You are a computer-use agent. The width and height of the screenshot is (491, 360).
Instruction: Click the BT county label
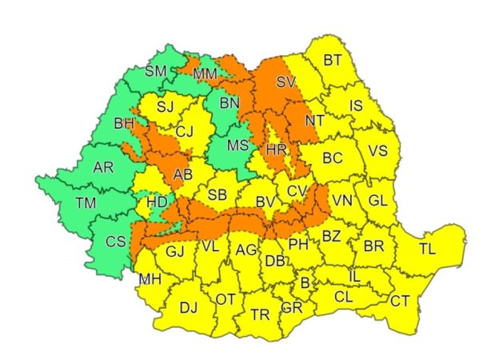point(333,60)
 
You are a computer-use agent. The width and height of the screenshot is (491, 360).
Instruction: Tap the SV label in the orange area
point(285,82)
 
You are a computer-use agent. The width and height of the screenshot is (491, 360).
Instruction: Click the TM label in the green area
point(86,203)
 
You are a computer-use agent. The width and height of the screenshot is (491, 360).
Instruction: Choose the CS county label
point(116,242)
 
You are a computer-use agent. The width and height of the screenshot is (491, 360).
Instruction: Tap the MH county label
point(150,280)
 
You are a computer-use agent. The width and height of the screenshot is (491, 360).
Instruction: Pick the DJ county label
point(189,306)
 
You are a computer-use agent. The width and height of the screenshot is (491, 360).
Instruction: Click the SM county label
point(155,71)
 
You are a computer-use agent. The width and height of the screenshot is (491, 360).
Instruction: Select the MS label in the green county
point(238,146)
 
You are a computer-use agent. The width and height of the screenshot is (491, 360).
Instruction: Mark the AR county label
point(103,168)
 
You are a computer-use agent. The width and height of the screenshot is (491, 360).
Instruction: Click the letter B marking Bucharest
point(304,282)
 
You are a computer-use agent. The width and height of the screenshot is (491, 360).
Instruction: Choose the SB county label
point(217,194)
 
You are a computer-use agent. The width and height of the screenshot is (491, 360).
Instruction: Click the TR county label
point(260,314)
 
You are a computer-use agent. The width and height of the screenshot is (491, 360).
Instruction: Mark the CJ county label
point(186,131)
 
